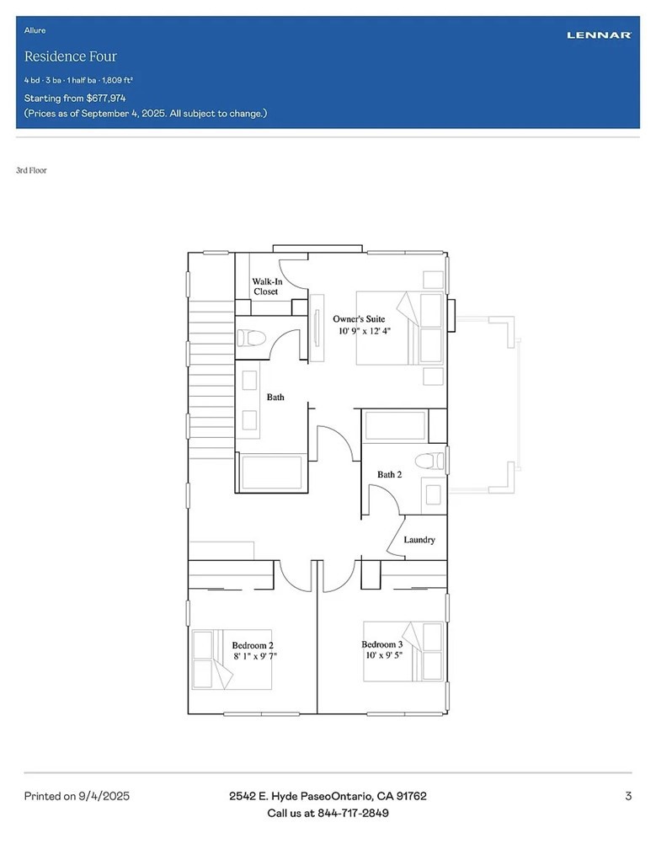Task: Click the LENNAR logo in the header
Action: pos(599,35)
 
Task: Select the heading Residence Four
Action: pos(71,56)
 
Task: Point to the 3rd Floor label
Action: pos(31,170)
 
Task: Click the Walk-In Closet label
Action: pos(266,286)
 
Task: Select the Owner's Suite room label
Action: pos(359,319)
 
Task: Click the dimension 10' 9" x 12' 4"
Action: pos(365,332)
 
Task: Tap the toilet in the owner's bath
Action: pos(252,339)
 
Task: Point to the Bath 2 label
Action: pos(389,475)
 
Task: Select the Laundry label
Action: pos(419,540)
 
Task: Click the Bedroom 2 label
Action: pos(253,645)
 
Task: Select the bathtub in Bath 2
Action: pos(395,425)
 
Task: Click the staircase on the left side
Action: pos(211,379)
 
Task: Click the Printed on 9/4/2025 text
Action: pos(77,796)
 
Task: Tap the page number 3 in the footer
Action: pos(628,796)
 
